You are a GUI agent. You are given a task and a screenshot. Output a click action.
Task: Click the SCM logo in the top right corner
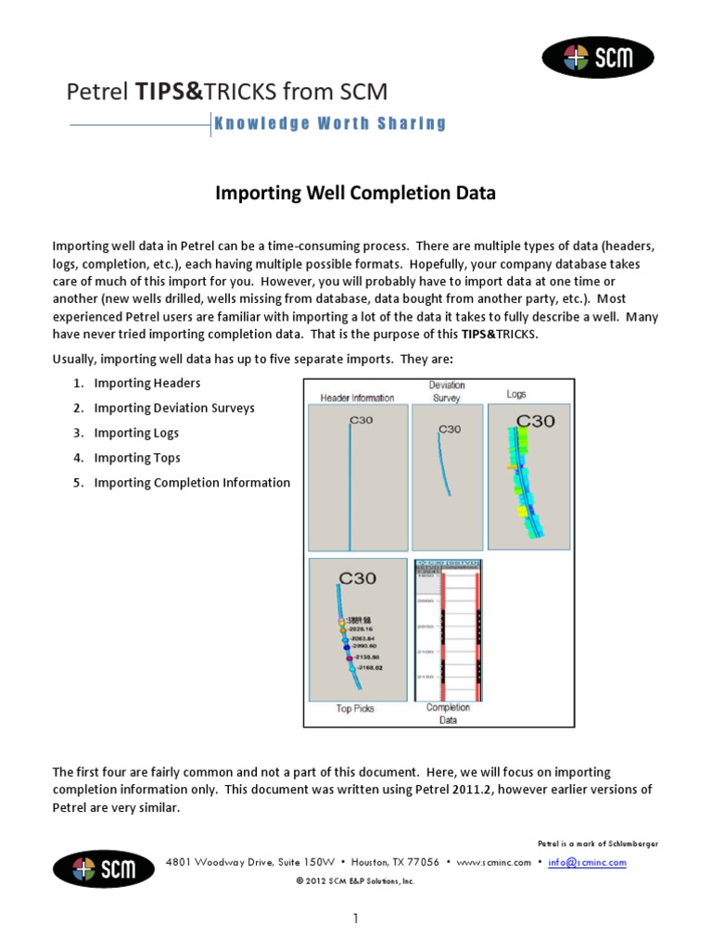click(x=598, y=58)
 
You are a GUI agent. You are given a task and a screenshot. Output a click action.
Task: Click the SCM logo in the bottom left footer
click(x=104, y=868)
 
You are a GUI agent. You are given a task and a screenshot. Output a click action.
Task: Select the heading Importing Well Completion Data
click(x=356, y=194)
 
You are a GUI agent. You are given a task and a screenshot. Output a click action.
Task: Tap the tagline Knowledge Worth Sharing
click(x=331, y=123)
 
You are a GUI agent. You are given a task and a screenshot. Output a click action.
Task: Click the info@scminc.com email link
click(x=587, y=862)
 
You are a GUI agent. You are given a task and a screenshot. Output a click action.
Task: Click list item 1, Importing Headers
click(x=146, y=383)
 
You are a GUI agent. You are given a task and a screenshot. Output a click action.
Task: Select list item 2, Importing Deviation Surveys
click(x=174, y=408)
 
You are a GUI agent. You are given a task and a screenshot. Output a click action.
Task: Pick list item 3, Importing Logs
click(x=136, y=433)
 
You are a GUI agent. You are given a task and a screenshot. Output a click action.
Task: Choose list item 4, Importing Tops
click(x=137, y=458)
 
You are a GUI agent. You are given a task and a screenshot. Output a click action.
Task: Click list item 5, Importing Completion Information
click(x=192, y=483)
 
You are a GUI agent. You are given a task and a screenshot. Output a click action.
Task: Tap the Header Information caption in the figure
click(x=357, y=398)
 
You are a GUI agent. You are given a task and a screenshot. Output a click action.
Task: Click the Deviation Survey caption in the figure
click(x=447, y=391)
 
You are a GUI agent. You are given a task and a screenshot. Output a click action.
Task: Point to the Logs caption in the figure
click(x=516, y=394)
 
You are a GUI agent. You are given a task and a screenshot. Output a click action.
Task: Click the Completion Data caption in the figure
click(x=448, y=713)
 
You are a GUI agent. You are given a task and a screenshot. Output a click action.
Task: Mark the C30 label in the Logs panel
click(x=535, y=421)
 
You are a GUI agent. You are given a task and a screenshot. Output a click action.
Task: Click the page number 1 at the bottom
click(x=355, y=919)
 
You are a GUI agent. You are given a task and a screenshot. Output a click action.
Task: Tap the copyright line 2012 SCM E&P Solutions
click(x=355, y=881)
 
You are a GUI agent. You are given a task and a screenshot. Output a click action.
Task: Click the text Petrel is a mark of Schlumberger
click(x=598, y=843)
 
